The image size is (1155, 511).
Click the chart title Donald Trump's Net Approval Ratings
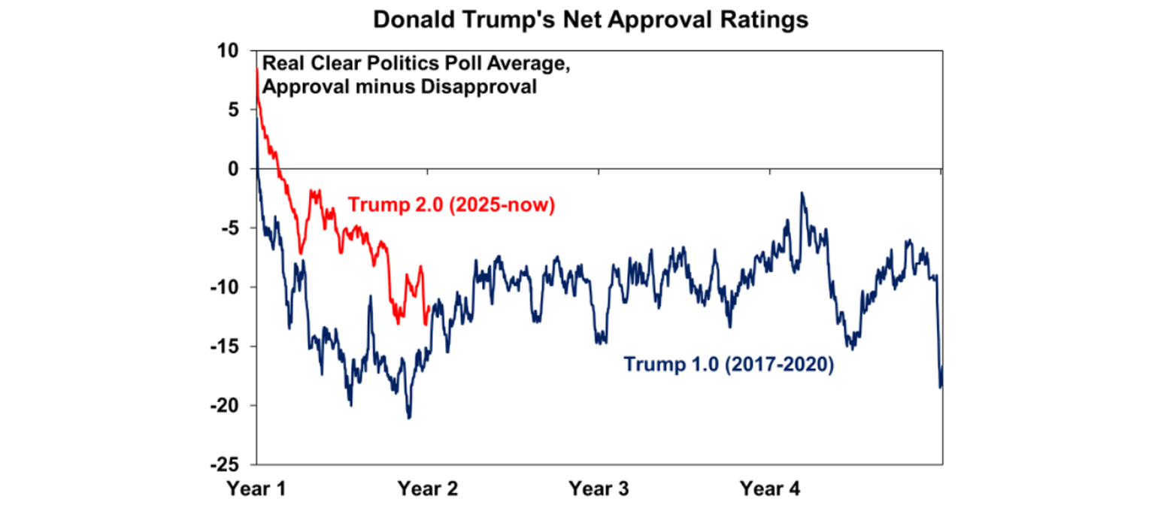pyautogui.click(x=590, y=20)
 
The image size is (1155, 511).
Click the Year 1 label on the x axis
pyautogui.click(x=256, y=490)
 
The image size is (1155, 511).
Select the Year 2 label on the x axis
pyautogui.click(x=428, y=490)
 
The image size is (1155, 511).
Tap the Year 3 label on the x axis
pyautogui.click(x=599, y=490)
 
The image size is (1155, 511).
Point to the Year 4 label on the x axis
pyautogui.click(x=771, y=490)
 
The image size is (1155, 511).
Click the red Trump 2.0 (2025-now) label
pyautogui.click(x=451, y=205)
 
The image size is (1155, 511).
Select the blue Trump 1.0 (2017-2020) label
pyautogui.click(x=729, y=367)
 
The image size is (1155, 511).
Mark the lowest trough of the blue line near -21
pyautogui.click(x=408, y=418)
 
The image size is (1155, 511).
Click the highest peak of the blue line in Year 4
pyautogui.click(x=802, y=193)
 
